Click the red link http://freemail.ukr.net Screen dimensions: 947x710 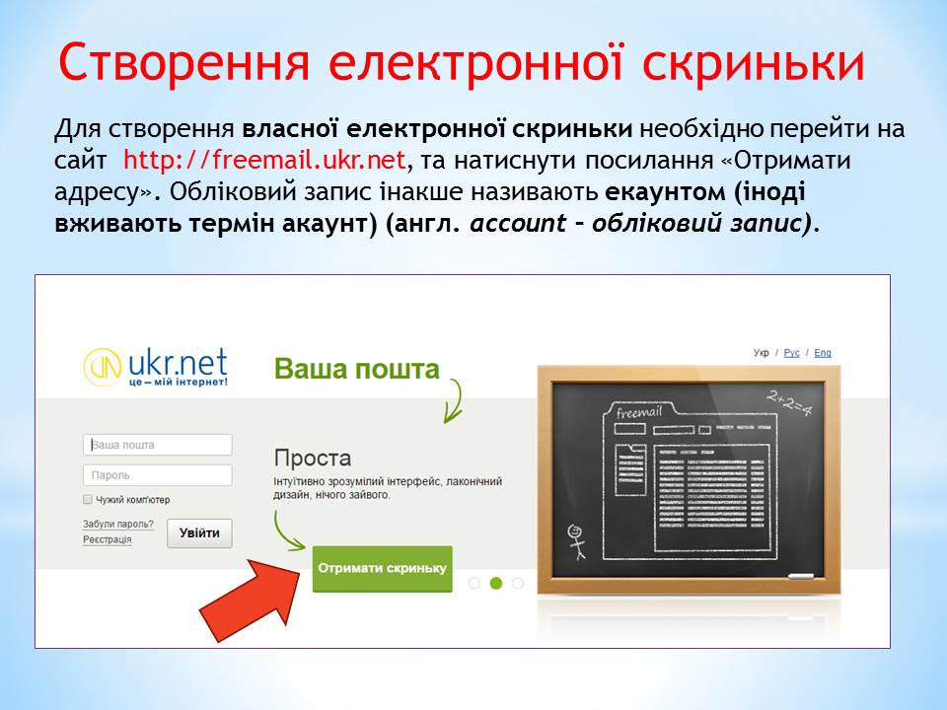[264, 160]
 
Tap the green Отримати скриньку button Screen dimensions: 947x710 [383, 569]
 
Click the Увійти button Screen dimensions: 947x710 [199, 533]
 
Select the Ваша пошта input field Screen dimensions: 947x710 [158, 445]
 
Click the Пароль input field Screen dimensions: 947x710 [158, 475]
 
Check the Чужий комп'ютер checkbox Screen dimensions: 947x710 [88, 499]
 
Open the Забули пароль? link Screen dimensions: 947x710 [118, 524]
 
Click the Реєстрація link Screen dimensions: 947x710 [107, 539]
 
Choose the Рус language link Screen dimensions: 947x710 [791, 353]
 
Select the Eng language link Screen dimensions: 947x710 [823, 353]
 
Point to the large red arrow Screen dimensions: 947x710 [252, 600]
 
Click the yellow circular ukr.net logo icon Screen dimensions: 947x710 [102, 367]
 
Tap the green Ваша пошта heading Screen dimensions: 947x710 [356, 369]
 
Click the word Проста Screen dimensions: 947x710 [313, 458]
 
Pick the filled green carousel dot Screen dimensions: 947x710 [496, 583]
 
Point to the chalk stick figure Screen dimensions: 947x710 [577, 541]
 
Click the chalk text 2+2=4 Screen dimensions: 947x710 [789, 402]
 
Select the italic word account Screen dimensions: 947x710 [518, 223]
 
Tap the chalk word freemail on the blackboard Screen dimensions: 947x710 [639, 412]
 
